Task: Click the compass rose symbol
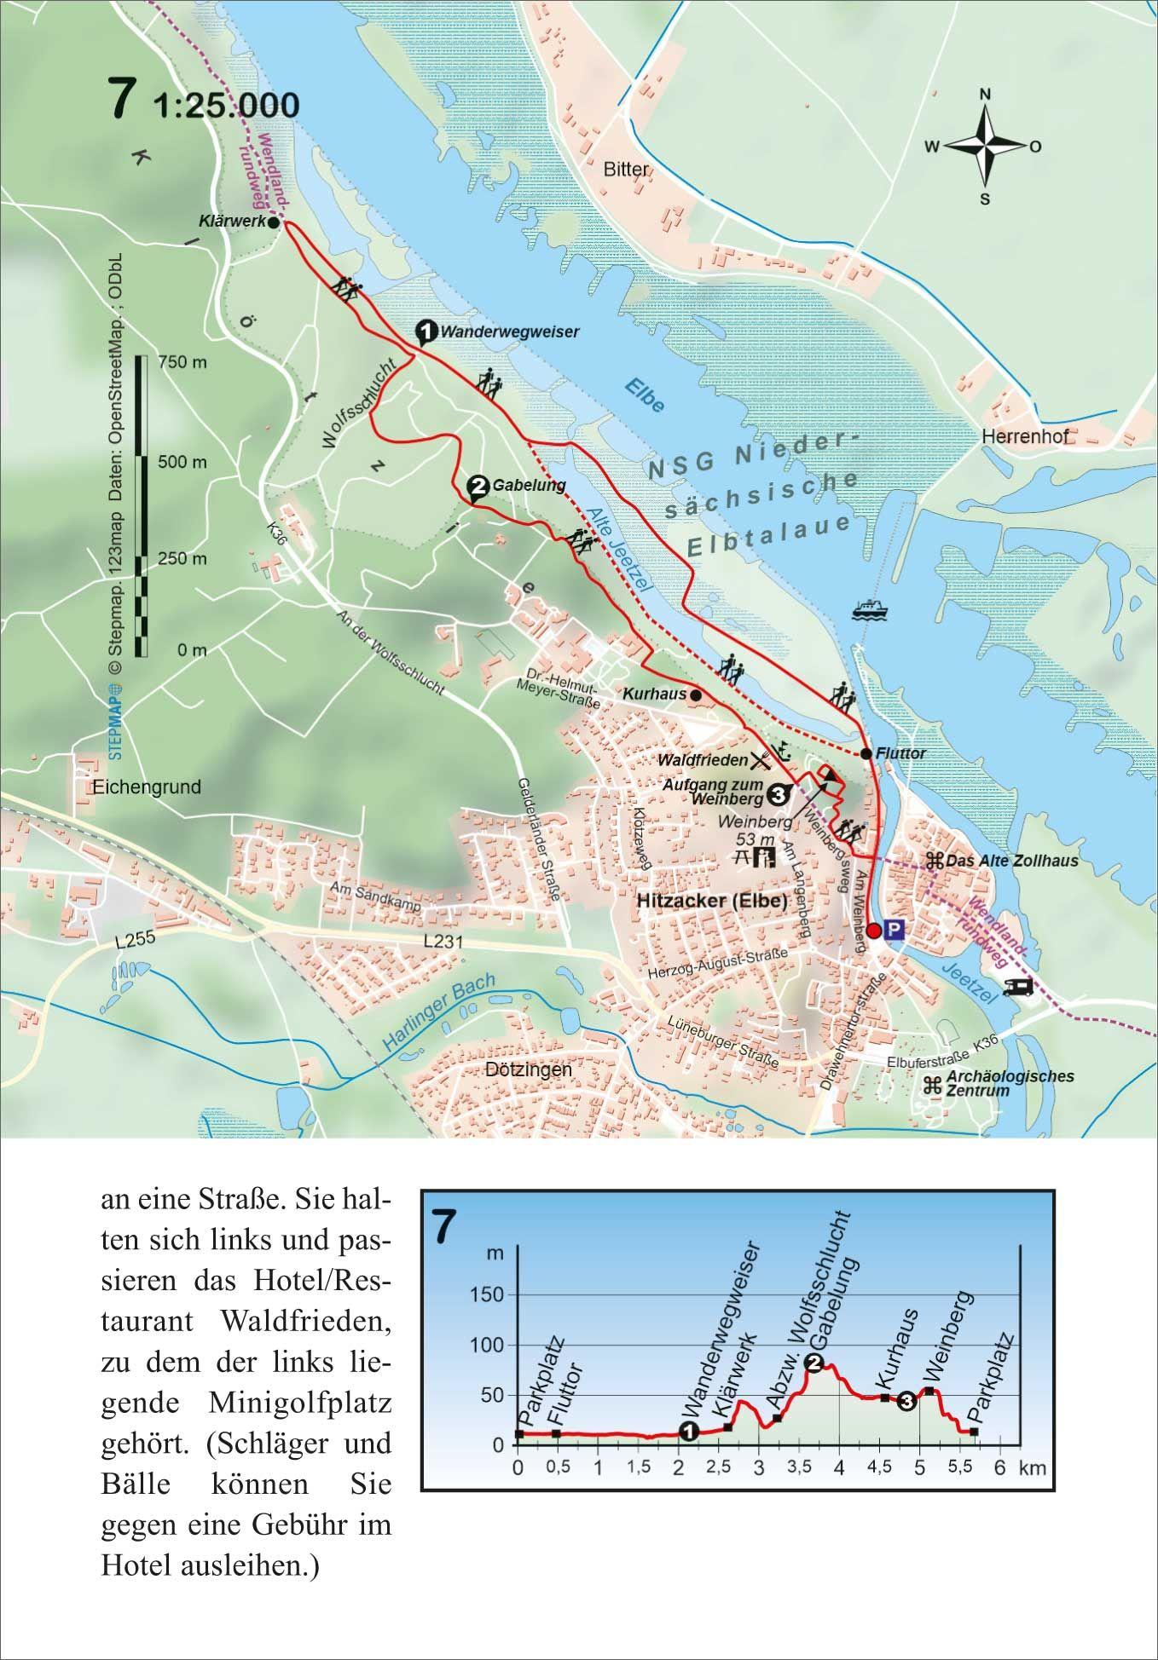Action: pos(984,147)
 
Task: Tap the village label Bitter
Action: pos(626,169)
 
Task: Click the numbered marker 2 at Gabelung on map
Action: pos(478,487)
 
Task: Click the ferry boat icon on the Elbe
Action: pos(870,609)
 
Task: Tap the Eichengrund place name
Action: pos(148,787)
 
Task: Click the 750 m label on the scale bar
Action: pos(182,362)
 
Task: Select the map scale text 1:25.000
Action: pos(227,106)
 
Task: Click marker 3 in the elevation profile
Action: pos(906,1401)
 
